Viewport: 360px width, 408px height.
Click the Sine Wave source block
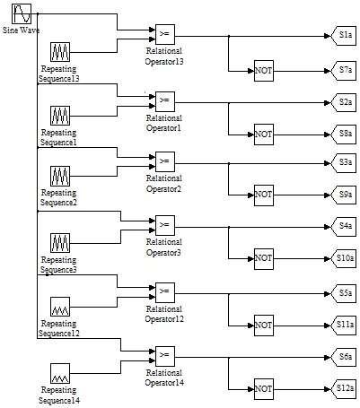pos(22,13)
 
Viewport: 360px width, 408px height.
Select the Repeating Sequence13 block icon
pos(60,52)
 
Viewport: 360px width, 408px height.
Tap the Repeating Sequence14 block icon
pos(60,373)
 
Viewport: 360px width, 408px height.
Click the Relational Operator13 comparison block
pos(165,34)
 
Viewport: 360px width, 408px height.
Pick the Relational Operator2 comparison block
pos(165,161)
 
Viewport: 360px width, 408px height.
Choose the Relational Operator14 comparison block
pos(165,356)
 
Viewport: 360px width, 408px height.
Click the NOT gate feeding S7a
pos(264,71)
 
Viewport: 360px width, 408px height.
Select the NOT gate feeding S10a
pos(264,258)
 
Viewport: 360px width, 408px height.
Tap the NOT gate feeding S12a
pos(264,389)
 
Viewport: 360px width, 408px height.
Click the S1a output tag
pos(344,36)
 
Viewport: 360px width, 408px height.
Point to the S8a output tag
pos(344,134)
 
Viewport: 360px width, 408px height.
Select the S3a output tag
pos(344,163)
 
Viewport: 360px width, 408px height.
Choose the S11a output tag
pos(344,325)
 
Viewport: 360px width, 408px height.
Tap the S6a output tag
pos(344,357)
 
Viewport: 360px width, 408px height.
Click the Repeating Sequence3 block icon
pos(60,243)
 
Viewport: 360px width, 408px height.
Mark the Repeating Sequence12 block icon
pos(60,307)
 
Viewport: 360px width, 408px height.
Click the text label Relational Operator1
pos(164,123)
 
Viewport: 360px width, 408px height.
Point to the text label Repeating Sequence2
pos(58,197)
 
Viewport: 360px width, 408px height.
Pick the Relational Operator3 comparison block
pos(165,225)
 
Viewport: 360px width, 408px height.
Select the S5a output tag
pos(344,293)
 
